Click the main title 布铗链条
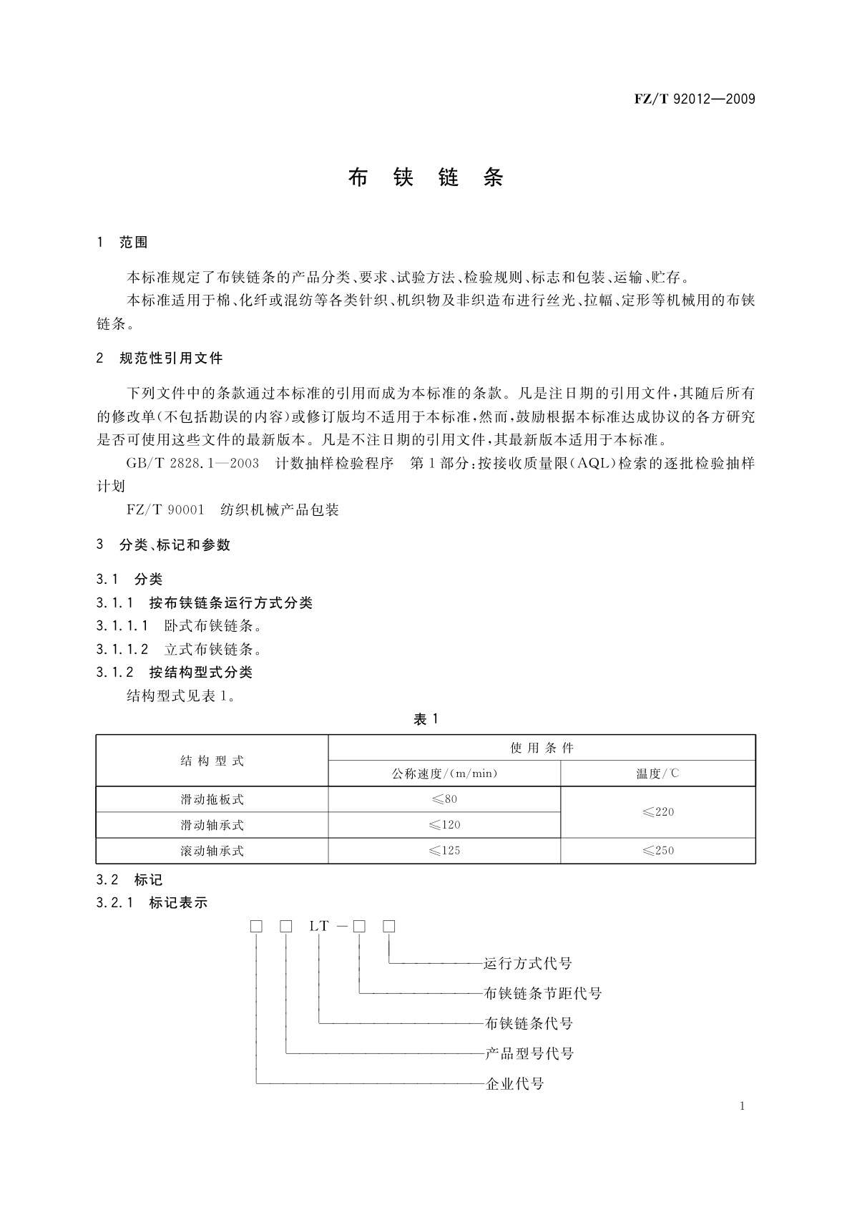pyautogui.click(x=426, y=177)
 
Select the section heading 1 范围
pyautogui.click(x=122, y=243)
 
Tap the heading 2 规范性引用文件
pyautogui.click(x=160, y=358)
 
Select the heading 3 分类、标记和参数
pyautogui.click(x=164, y=545)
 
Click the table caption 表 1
pyautogui.click(x=426, y=719)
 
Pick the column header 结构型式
pyautogui.click(x=212, y=761)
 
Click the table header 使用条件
pyautogui.click(x=542, y=748)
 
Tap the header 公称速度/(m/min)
pyautogui.click(x=444, y=774)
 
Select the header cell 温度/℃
pyautogui.click(x=658, y=774)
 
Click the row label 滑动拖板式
pyautogui.click(x=212, y=799)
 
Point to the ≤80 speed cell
pyautogui.click(x=444, y=799)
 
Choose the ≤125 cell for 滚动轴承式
pyautogui.click(x=444, y=851)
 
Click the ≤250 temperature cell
pyautogui.click(x=658, y=851)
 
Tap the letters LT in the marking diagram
pyautogui.click(x=319, y=927)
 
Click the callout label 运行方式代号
pyautogui.click(x=528, y=964)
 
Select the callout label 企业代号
pyautogui.click(x=515, y=1084)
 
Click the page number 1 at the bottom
pyautogui.click(x=743, y=1106)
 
